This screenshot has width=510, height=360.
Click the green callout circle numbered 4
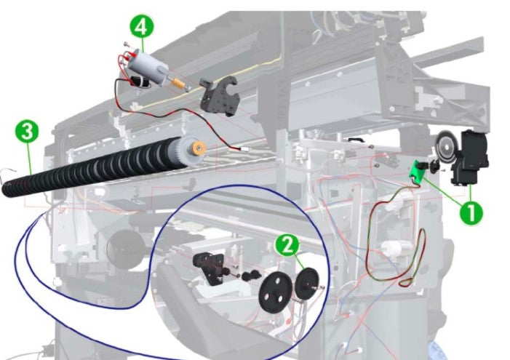pyautogui.click(x=142, y=28)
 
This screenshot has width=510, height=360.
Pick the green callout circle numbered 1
pyautogui.click(x=471, y=212)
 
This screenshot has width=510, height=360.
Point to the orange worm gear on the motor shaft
pyautogui.click(x=175, y=84)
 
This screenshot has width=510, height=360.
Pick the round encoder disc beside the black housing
pyautogui.click(x=446, y=145)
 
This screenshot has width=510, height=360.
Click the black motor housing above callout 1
pyautogui.click(x=466, y=156)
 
